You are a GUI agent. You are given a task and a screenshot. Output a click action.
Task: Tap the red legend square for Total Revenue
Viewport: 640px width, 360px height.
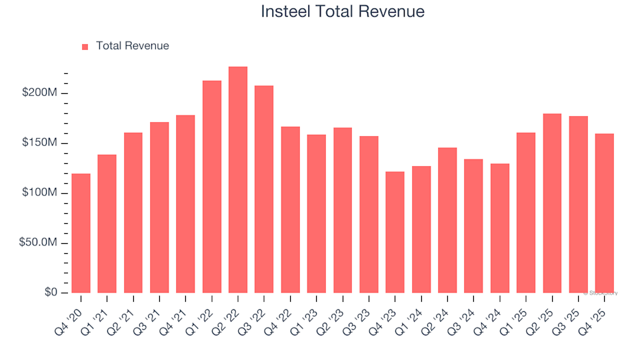(x=85, y=47)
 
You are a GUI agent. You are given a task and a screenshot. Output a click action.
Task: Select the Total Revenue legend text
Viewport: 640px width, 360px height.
(x=132, y=46)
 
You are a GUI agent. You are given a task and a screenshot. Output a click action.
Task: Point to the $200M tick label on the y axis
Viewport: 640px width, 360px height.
(x=40, y=93)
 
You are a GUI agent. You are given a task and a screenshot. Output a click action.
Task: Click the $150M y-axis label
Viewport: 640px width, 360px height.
(x=40, y=143)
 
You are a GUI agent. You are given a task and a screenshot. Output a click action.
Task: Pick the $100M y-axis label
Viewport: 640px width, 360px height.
(x=40, y=193)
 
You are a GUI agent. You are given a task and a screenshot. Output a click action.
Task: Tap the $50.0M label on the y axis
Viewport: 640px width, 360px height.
(x=37, y=243)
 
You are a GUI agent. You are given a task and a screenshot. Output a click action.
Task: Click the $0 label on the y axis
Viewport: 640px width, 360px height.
(x=49, y=293)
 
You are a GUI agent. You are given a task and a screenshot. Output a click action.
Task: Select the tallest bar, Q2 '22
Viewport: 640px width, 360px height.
(x=238, y=180)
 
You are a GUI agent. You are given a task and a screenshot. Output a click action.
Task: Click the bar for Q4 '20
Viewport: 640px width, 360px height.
(x=81, y=233)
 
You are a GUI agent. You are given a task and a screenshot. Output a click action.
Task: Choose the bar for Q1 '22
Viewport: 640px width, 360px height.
(x=212, y=187)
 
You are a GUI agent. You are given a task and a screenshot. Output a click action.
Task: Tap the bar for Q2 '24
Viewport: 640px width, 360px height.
(x=447, y=220)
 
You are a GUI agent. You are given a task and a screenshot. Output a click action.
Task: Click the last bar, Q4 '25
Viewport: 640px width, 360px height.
(x=605, y=213)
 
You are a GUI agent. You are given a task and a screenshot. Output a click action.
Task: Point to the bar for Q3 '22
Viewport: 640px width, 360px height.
(x=264, y=189)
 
